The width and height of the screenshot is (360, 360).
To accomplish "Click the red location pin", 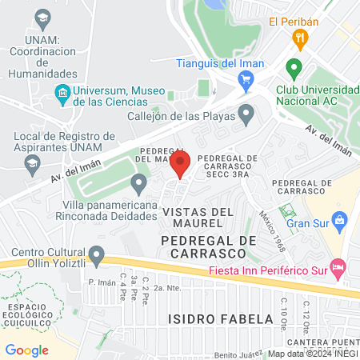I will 181,165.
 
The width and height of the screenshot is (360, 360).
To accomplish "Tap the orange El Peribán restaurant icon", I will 300,37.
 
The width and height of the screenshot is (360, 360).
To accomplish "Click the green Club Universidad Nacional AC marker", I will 294,68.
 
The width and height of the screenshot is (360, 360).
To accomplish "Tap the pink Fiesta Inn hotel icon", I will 338,265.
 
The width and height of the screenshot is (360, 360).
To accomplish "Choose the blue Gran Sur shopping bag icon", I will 340,218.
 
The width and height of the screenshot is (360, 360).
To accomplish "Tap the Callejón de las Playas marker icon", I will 247,114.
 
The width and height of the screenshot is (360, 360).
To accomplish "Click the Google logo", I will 26,350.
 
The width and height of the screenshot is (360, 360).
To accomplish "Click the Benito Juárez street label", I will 238,353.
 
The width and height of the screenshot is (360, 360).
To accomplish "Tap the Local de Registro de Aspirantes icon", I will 33,165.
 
